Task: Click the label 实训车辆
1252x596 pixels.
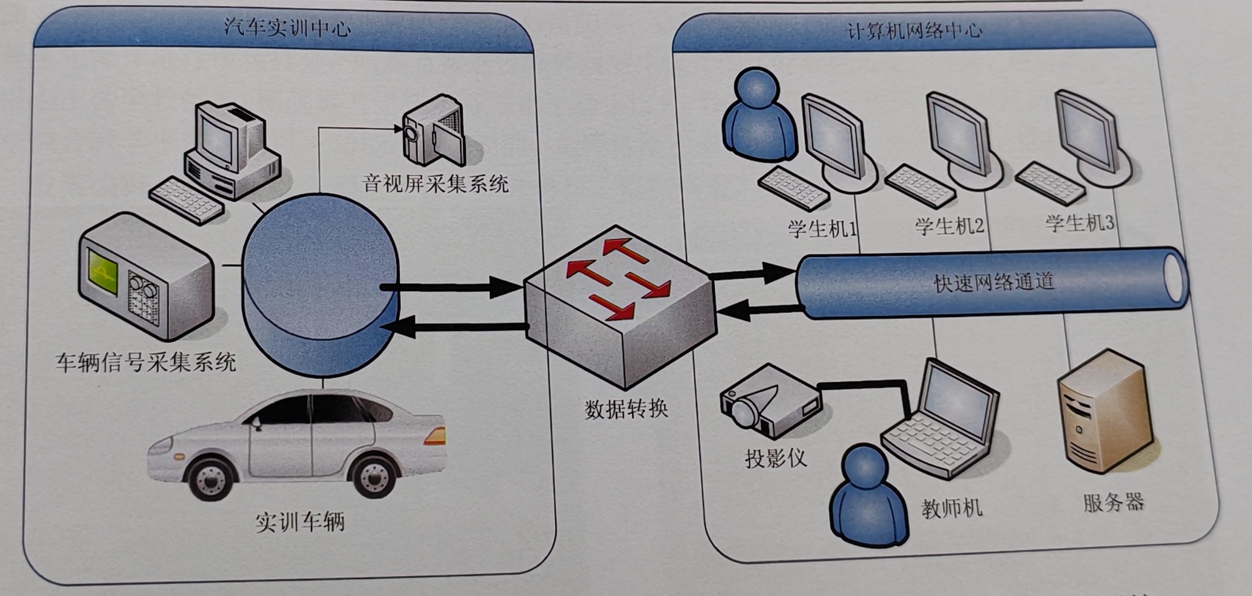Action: (300, 522)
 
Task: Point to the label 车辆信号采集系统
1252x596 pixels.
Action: (145, 362)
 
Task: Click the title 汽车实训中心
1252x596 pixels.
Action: (287, 28)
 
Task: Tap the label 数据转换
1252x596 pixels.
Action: (626, 409)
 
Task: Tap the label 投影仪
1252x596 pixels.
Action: (776, 457)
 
